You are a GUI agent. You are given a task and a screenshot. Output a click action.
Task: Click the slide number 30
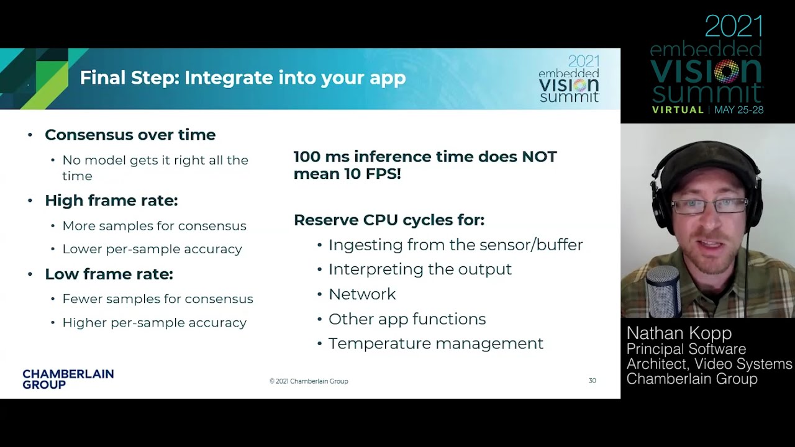pyautogui.click(x=592, y=381)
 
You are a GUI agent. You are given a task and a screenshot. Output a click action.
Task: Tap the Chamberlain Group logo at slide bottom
pyautogui.click(x=68, y=379)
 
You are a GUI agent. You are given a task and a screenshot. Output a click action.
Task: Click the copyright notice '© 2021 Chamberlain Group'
pyautogui.click(x=309, y=381)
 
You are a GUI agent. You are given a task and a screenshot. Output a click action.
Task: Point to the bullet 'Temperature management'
pyautogui.click(x=436, y=343)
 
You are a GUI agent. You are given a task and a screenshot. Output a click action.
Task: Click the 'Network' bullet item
pyautogui.click(x=362, y=294)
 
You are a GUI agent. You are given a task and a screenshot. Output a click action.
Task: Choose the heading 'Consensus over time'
pyautogui.click(x=130, y=135)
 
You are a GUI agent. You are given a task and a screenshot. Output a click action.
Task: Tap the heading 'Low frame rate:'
pyautogui.click(x=109, y=274)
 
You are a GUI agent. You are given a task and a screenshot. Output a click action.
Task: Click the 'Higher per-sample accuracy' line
pyautogui.click(x=155, y=323)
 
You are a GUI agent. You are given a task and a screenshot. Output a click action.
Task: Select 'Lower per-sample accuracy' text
pyautogui.click(x=152, y=249)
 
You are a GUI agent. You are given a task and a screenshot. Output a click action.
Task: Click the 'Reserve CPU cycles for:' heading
pyautogui.click(x=389, y=220)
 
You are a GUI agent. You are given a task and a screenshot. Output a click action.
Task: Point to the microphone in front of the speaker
pyautogui.click(x=663, y=291)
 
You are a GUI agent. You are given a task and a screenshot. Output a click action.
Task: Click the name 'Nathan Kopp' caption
pyautogui.click(x=679, y=333)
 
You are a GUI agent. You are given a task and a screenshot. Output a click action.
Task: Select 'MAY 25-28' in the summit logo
pyautogui.click(x=738, y=110)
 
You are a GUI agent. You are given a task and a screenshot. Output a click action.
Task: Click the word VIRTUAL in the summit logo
pyautogui.click(x=678, y=110)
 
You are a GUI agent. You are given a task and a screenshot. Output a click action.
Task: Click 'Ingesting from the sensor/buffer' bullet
pyautogui.click(x=456, y=245)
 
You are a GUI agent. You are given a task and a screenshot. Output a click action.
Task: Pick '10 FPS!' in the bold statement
pyautogui.click(x=372, y=174)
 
